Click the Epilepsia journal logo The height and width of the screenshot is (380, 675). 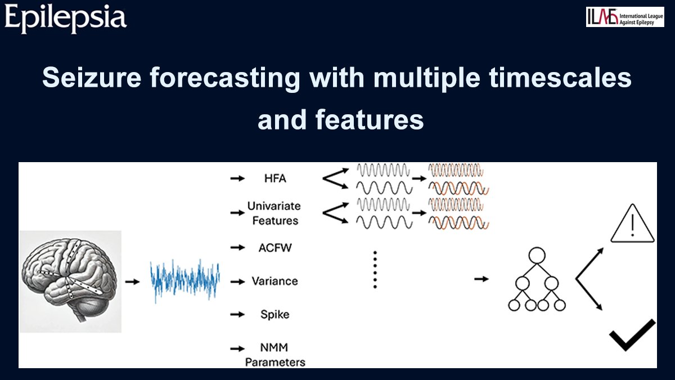point(65,19)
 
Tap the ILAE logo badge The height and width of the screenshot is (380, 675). point(625,17)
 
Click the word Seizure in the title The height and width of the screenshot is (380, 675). point(92,78)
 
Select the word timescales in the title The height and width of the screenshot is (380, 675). point(560,78)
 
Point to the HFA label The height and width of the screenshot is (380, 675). point(275,178)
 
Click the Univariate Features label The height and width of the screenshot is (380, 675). point(274,213)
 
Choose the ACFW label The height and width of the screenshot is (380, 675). point(275,248)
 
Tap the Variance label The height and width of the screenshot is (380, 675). point(275,281)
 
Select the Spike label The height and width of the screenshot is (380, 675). point(275,315)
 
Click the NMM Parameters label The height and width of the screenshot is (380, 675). point(275,355)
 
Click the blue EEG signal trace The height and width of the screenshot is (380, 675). point(185,281)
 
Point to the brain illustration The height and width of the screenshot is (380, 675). point(70,281)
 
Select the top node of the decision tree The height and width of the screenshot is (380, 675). point(537,256)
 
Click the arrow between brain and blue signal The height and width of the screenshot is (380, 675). point(133,281)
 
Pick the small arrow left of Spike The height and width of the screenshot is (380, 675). point(237,315)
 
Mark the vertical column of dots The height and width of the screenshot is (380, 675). point(375,270)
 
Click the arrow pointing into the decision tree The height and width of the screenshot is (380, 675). point(481,279)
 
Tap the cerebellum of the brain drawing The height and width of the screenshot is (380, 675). point(91,307)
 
